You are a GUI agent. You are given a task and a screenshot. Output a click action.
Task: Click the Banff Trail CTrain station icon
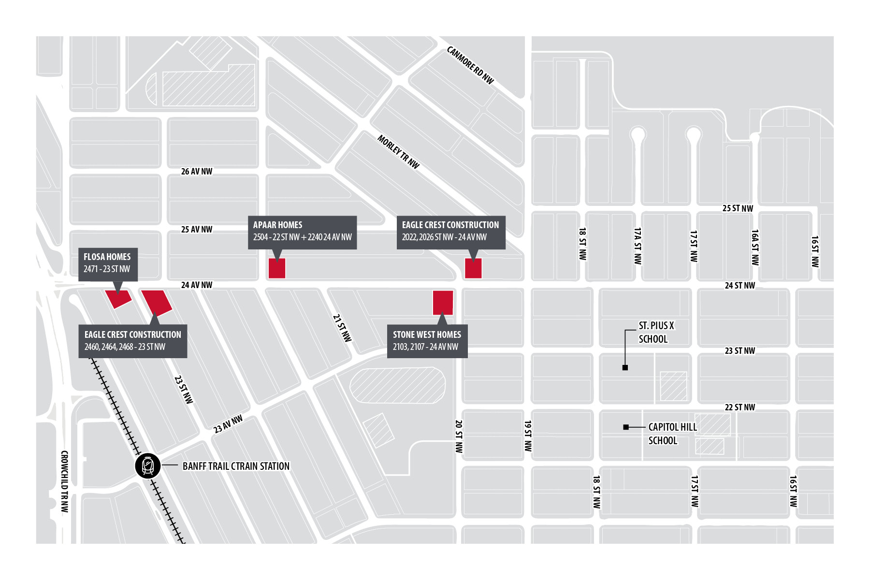[147, 466]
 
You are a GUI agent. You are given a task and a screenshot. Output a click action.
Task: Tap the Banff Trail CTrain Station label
[236, 466]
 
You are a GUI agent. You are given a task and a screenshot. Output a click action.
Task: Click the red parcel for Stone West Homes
[443, 303]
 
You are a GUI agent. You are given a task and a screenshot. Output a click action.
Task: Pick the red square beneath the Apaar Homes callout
[277, 268]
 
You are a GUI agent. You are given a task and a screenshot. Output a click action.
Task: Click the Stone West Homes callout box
[427, 341]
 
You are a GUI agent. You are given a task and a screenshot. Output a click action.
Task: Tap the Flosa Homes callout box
[108, 263]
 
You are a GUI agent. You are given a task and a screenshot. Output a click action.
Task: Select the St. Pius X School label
[656, 333]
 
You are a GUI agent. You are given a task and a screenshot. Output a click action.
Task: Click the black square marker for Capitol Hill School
[626, 427]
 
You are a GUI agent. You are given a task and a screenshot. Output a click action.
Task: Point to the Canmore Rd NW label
[470, 65]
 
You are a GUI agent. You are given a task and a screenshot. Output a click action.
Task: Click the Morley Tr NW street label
[398, 152]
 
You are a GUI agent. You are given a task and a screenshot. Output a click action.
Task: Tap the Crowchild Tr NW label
[65, 481]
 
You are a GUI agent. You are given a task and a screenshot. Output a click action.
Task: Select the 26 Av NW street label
[197, 172]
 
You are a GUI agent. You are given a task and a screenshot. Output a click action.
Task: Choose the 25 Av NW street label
[197, 230]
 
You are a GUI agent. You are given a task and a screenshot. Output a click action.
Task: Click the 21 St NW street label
[342, 328]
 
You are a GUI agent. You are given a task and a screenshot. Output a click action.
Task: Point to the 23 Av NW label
[228, 424]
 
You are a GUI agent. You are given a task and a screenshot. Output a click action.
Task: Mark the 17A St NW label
[638, 246]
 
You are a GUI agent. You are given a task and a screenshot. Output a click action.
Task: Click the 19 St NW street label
[528, 436]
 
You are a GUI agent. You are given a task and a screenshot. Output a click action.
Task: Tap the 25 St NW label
[738, 208]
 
